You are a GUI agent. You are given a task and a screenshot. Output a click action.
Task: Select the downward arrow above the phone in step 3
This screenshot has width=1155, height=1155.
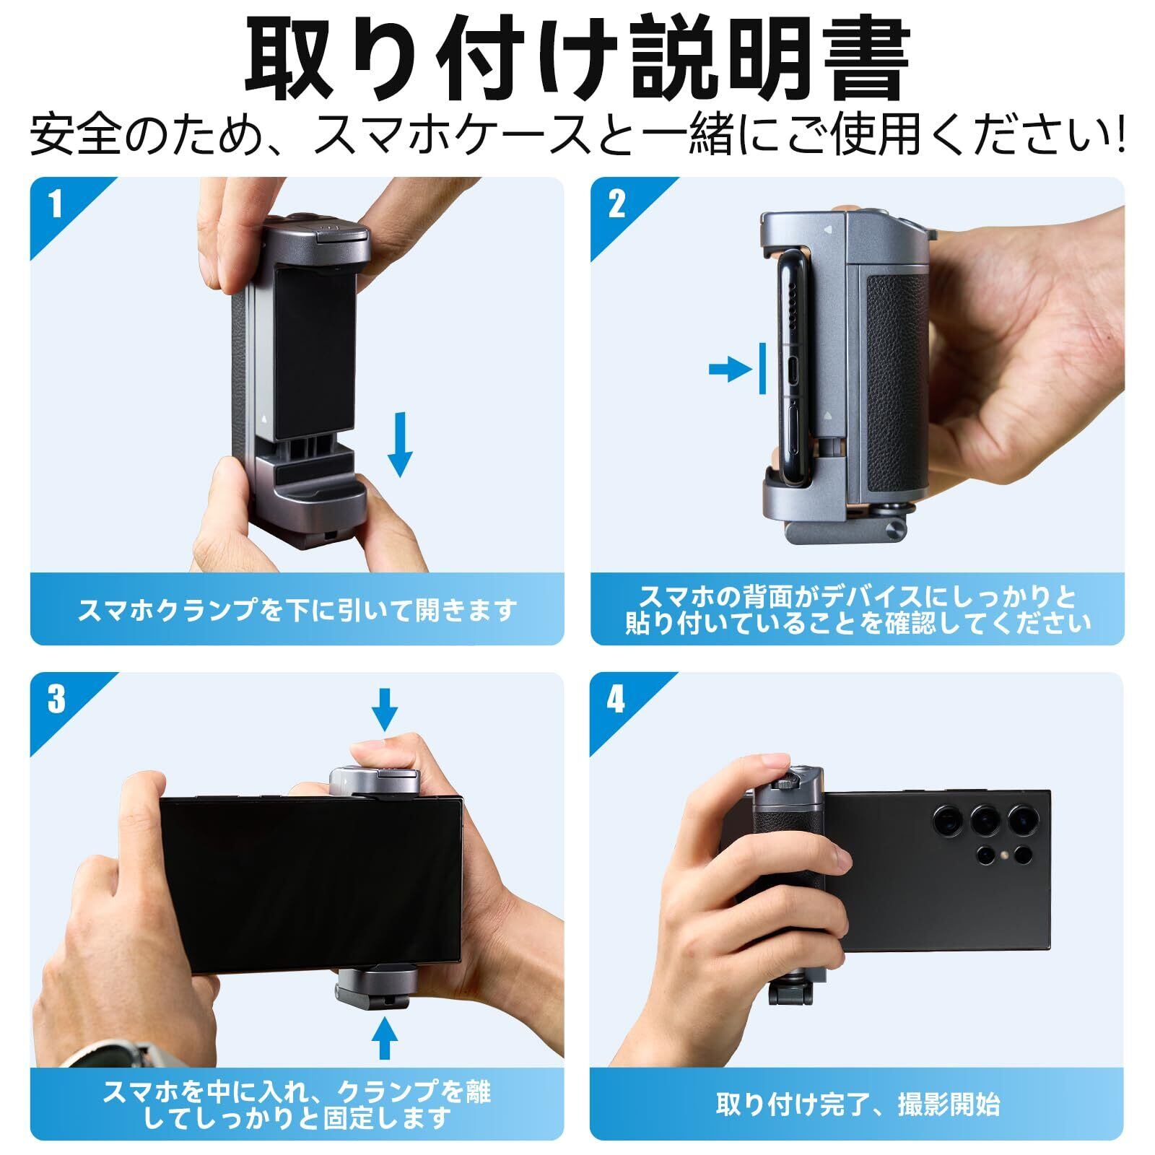click(385, 709)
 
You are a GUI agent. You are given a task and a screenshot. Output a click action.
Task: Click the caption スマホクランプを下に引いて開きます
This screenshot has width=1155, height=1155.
click(297, 611)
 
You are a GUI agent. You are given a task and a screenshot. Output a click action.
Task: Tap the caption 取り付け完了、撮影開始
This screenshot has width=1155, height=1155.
click(858, 1104)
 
